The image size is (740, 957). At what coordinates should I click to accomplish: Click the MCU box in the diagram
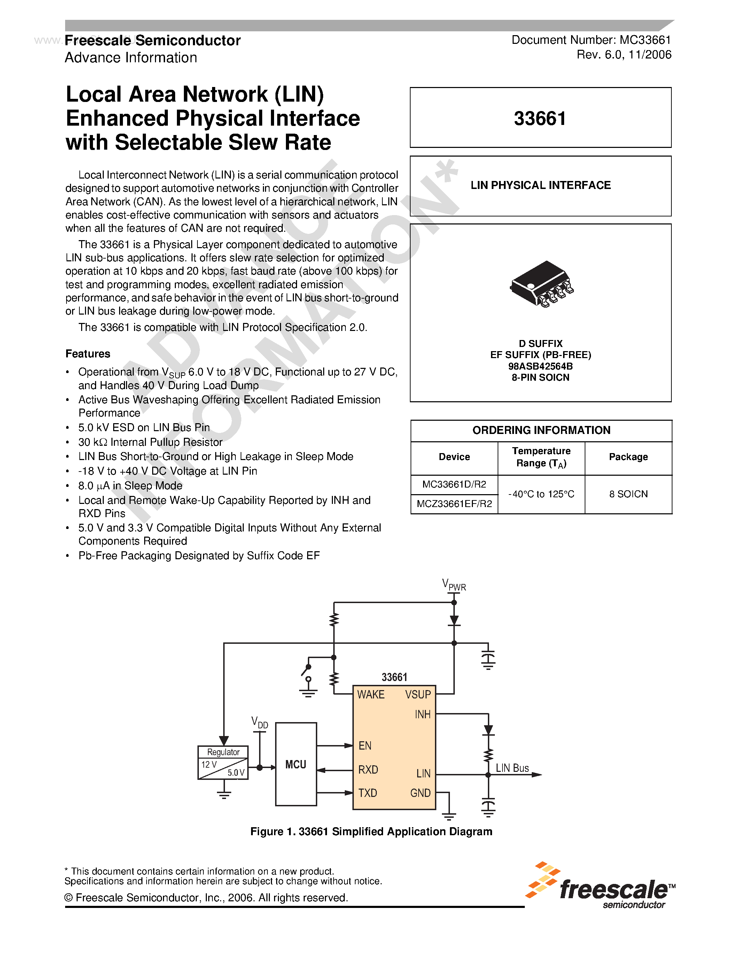(x=296, y=764)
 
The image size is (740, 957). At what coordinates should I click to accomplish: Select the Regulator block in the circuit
(x=223, y=763)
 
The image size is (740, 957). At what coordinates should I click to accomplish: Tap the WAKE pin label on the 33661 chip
(x=371, y=695)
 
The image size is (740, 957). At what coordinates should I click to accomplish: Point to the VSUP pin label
(x=418, y=695)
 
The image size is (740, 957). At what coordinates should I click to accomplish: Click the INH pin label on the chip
(x=423, y=715)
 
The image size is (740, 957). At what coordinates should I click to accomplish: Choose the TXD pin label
(x=367, y=793)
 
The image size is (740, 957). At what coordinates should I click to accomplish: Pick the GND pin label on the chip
(x=420, y=793)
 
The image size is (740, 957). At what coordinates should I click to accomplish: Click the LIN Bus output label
(x=512, y=768)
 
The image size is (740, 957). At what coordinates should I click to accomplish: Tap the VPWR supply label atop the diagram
(x=454, y=585)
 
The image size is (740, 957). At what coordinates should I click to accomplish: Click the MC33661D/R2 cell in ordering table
(x=454, y=484)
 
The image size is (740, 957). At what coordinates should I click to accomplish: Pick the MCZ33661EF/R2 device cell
(x=454, y=504)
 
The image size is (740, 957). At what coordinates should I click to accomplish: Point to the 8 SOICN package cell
(x=628, y=494)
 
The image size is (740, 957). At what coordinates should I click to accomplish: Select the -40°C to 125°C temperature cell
(x=541, y=494)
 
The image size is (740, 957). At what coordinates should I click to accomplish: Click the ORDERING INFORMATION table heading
(x=541, y=430)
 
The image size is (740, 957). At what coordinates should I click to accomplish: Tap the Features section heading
(x=88, y=354)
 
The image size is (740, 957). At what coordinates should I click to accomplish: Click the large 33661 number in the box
(x=540, y=118)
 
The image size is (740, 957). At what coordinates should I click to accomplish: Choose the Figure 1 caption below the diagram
(x=371, y=832)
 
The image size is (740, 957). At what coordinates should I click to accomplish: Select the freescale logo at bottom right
(x=601, y=886)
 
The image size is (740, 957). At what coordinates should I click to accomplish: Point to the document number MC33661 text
(x=591, y=40)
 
